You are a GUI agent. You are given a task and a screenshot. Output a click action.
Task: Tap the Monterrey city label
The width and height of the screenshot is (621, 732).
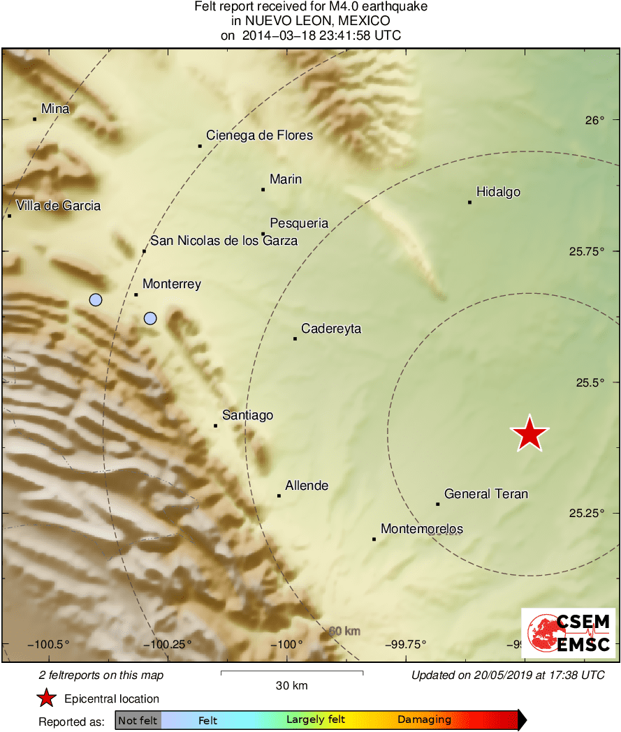[x=171, y=284]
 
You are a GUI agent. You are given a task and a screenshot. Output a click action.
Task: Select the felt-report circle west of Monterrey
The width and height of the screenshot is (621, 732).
[x=96, y=300]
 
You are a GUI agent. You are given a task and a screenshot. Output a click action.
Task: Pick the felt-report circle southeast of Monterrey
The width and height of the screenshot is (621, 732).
[x=150, y=319]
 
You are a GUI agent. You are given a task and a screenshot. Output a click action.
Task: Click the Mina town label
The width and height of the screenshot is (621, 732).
[x=55, y=108]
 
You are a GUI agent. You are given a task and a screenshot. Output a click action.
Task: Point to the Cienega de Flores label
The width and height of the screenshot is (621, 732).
[x=259, y=135]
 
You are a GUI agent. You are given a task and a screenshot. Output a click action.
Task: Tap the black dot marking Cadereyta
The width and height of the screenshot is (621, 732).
[x=295, y=338]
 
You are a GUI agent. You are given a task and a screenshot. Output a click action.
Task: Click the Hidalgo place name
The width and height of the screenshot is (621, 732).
[x=498, y=192]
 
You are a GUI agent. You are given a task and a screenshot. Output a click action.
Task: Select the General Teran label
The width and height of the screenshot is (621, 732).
[x=486, y=494]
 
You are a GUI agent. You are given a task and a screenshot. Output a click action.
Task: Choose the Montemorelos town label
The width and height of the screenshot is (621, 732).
[x=421, y=529]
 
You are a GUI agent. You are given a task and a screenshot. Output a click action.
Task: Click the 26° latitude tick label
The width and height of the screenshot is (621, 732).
[x=594, y=120]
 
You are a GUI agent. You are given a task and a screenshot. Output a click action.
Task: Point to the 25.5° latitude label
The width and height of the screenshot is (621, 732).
[x=589, y=382]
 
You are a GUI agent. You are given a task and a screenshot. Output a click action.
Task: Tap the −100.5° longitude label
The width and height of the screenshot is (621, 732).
[x=49, y=644]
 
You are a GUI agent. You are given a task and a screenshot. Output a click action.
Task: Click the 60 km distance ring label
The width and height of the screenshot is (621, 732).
[x=344, y=632]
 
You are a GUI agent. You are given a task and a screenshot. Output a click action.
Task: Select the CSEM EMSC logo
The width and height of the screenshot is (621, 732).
[x=568, y=633]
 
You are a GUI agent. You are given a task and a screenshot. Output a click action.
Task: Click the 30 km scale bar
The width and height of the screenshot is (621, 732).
[x=291, y=673]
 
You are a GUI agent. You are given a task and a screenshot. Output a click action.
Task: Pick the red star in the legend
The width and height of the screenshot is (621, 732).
[x=47, y=698]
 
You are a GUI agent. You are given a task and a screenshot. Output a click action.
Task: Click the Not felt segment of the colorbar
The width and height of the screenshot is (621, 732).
[x=138, y=720]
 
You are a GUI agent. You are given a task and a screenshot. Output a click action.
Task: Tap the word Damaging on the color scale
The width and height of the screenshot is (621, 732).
[x=424, y=720]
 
